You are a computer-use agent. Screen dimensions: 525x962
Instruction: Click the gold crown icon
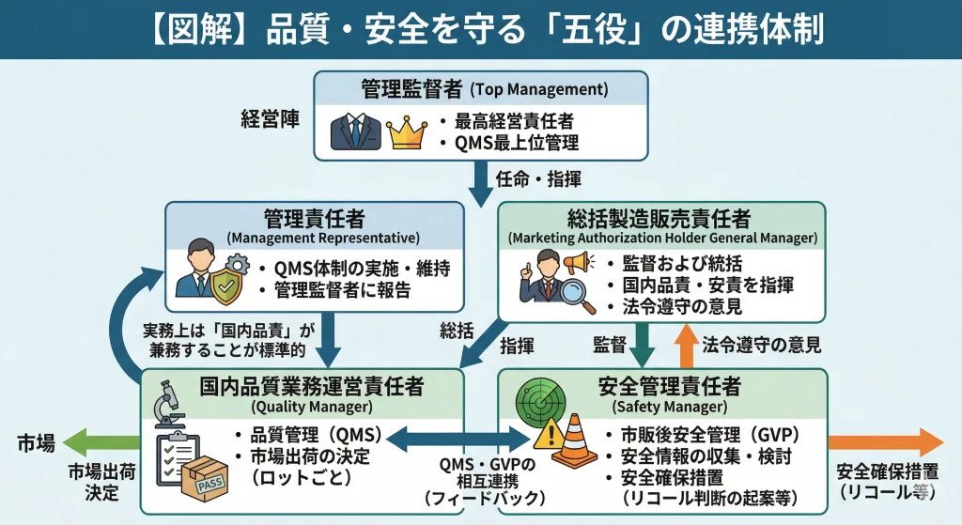[x=407, y=133]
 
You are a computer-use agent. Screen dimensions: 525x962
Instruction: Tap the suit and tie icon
[x=357, y=132]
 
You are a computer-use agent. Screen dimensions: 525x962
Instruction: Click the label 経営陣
[x=271, y=120]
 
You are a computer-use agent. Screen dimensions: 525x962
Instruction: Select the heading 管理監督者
[x=411, y=89]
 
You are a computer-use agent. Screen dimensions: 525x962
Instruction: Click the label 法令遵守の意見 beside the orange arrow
[x=762, y=345]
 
